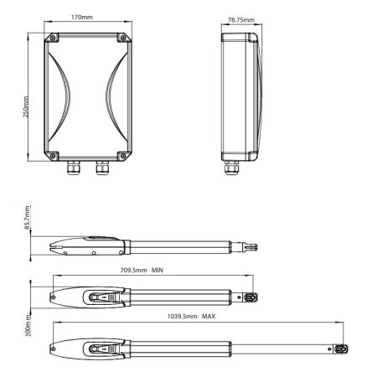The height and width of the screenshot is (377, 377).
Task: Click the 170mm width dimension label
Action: pos(81,17)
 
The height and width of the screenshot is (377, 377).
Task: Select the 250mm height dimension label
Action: pos(26,96)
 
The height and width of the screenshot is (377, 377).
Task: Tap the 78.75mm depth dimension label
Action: pos(240,17)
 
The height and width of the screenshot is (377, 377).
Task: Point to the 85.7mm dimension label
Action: pos(26,219)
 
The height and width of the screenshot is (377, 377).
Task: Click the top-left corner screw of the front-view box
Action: pos(53,38)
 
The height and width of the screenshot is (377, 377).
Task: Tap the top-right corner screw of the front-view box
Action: pos(124,38)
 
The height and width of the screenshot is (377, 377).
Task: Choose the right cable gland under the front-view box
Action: pos(103,168)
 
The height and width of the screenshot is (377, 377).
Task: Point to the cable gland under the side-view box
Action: pos(229,168)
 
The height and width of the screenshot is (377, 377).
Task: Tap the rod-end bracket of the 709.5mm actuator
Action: pos(250,297)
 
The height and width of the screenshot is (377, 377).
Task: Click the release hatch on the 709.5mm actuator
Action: pos(100,297)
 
